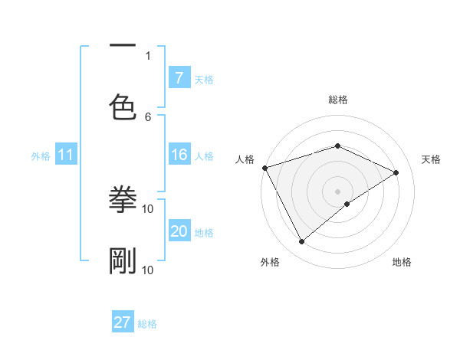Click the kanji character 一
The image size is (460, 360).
pyautogui.click(x=123, y=47)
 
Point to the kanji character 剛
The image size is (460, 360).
pyautogui.click(x=123, y=261)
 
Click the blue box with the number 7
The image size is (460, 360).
pyautogui.click(x=179, y=78)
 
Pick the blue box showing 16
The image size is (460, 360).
pyautogui.click(x=179, y=155)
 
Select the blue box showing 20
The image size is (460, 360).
pyautogui.click(x=179, y=232)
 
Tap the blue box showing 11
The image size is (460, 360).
pyautogui.click(x=66, y=155)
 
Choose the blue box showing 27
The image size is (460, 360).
pyautogui.click(x=123, y=322)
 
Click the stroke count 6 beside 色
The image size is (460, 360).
pyautogui.click(x=148, y=116)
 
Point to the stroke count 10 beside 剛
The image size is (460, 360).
pyautogui.click(x=148, y=270)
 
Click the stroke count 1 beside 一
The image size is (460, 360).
pyautogui.click(x=148, y=55)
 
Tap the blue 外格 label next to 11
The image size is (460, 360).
pyautogui.click(x=41, y=156)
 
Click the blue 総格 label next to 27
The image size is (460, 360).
pyautogui.click(x=147, y=324)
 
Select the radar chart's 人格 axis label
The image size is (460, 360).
pyautogui.click(x=245, y=159)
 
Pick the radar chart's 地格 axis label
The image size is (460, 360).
pyautogui.click(x=402, y=263)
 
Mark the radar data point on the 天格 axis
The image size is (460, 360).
pyautogui.click(x=396, y=172)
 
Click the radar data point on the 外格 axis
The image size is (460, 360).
pyautogui.click(x=301, y=242)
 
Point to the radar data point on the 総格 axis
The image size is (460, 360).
pyautogui.click(x=337, y=146)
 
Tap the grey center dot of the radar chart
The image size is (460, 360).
pyautogui.click(x=337, y=191)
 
